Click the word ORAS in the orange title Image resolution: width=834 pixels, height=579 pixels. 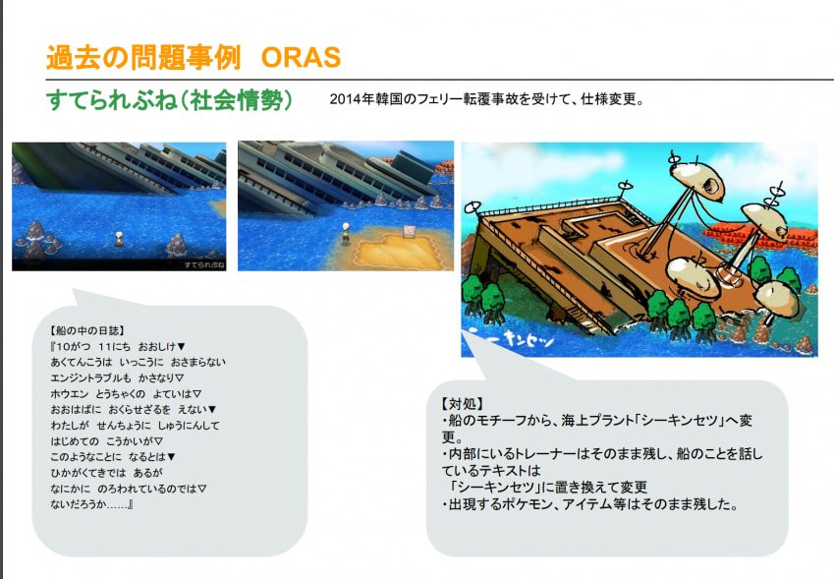point(301,57)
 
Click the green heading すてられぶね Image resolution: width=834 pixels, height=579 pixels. point(112,100)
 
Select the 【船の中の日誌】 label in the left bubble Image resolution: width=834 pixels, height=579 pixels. point(87,331)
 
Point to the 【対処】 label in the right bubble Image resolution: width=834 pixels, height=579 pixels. point(462,404)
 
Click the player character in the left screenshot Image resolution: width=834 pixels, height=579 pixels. point(119,239)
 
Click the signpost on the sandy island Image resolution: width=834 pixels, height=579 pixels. point(409,232)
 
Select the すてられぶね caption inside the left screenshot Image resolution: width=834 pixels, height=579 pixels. point(204,264)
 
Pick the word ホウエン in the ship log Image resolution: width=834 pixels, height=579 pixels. point(70,394)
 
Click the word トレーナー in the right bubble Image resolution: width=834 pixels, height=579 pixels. point(538,454)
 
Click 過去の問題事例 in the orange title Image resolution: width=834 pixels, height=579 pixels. point(143,57)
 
